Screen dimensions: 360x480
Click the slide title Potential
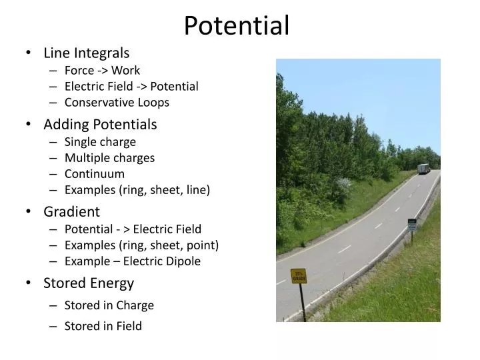pos(237,26)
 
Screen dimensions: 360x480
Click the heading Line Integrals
pos(87,53)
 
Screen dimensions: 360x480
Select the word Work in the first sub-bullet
pos(125,70)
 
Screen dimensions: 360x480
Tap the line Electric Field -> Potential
pos(131,86)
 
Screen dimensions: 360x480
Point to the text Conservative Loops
pos(117,102)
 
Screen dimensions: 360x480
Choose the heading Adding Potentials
pos(100,124)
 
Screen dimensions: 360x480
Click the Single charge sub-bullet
pos(100,141)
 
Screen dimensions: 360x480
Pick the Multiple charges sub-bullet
pos(109,158)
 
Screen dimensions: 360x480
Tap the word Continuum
pos(95,174)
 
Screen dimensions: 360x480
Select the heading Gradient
pos(71,212)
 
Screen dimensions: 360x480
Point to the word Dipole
pos(183,261)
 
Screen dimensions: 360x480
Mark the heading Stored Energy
pos(89,283)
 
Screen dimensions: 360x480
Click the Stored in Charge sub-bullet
pos(109,305)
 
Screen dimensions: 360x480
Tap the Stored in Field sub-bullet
pos(103,326)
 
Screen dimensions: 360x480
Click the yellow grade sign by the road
pos(299,276)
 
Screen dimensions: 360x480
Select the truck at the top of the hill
pos(423,169)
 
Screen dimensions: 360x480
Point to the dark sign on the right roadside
pos(412,225)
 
